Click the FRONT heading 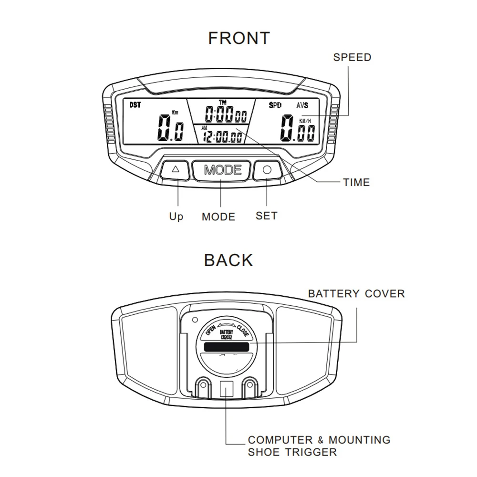click(x=239, y=38)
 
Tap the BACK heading click(x=228, y=260)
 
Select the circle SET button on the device click(x=267, y=170)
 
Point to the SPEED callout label click(x=352, y=57)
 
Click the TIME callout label click(x=356, y=182)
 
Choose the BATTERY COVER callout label click(x=356, y=293)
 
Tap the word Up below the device click(x=176, y=217)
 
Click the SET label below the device click(x=266, y=216)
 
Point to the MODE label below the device click(x=218, y=217)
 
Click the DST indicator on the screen click(x=135, y=105)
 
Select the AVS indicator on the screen click(x=302, y=105)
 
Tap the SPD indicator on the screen click(x=275, y=105)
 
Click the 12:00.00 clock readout click(x=222, y=137)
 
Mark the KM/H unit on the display click(x=305, y=121)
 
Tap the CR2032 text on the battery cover click(x=226, y=337)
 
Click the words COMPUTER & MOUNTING click(x=319, y=439)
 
